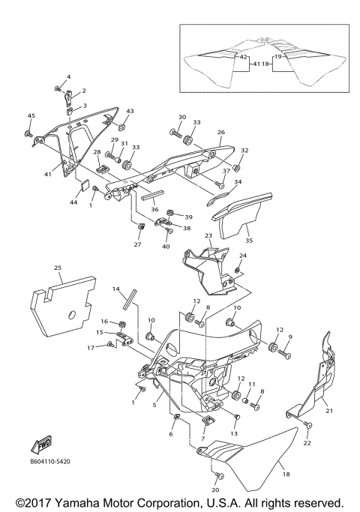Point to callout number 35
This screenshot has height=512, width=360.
[250, 241]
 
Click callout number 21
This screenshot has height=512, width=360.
[328, 410]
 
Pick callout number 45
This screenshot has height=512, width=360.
[31, 115]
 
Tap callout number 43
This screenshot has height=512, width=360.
[130, 111]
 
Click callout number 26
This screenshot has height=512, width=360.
[221, 132]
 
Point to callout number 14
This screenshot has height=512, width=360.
[116, 288]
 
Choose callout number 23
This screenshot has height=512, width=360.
[208, 235]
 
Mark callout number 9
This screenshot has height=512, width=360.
[291, 337]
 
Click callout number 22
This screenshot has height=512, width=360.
[307, 443]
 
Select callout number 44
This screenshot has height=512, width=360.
[73, 203]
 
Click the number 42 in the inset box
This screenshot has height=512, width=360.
[243, 56]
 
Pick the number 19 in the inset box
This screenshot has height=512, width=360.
[277, 56]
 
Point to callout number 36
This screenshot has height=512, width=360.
[155, 209]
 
